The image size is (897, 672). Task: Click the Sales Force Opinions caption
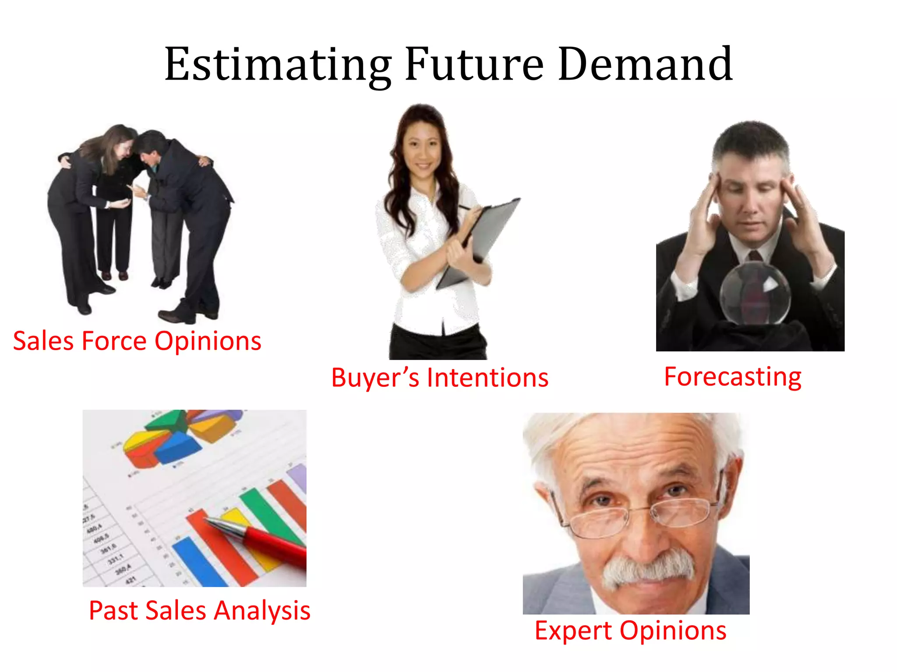pyautogui.click(x=137, y=341)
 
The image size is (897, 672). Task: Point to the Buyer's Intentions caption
pyautogui.click(x=440, y=378)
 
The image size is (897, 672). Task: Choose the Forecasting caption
pyautogui.click(x=733, y=377)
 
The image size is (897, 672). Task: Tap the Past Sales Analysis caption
pyautogui.click(x=199, y=611)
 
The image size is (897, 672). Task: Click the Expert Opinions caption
pyautogui.click(x=630, y=631)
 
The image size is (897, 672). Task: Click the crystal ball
pyautogui.click(x=755, y=293)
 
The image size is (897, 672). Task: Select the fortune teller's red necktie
pyautogui.click(x=755, y=256)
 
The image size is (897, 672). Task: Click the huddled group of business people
pyautogui.click(x=140, y=219)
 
